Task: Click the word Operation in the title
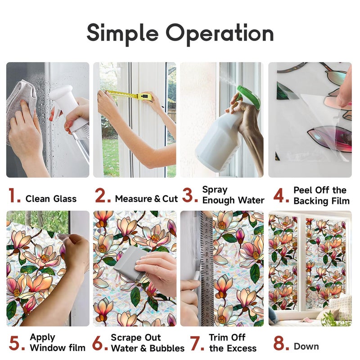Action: (220, 33)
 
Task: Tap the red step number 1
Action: (14, 196)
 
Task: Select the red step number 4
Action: (281, 196)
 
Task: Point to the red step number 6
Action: (100, 343)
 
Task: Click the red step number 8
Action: (281, 343)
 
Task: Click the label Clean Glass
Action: (51, 199)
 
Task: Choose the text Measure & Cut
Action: (147, 199)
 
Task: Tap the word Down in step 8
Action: (306, 346)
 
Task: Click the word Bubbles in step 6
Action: (167, 348)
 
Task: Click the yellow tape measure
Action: (129, 95)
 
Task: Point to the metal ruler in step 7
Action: (207, 269)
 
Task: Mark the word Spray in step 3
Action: (215, 190)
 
